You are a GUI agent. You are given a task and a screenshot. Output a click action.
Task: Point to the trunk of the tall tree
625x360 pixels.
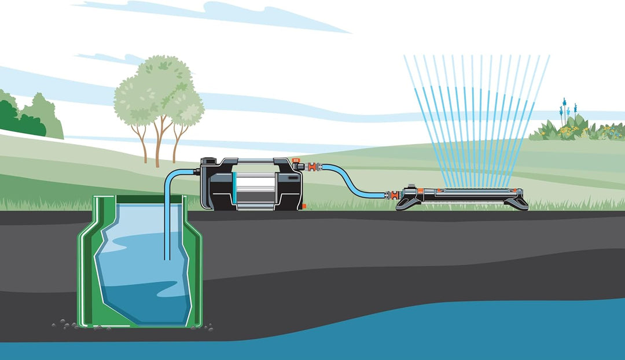(157, 145)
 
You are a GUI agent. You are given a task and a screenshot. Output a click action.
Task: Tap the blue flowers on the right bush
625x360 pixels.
(564, 108)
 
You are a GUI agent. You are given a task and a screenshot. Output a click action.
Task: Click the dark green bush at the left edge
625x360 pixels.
(17, 119)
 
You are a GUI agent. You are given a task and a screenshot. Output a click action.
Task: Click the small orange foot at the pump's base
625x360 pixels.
(303, 207)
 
